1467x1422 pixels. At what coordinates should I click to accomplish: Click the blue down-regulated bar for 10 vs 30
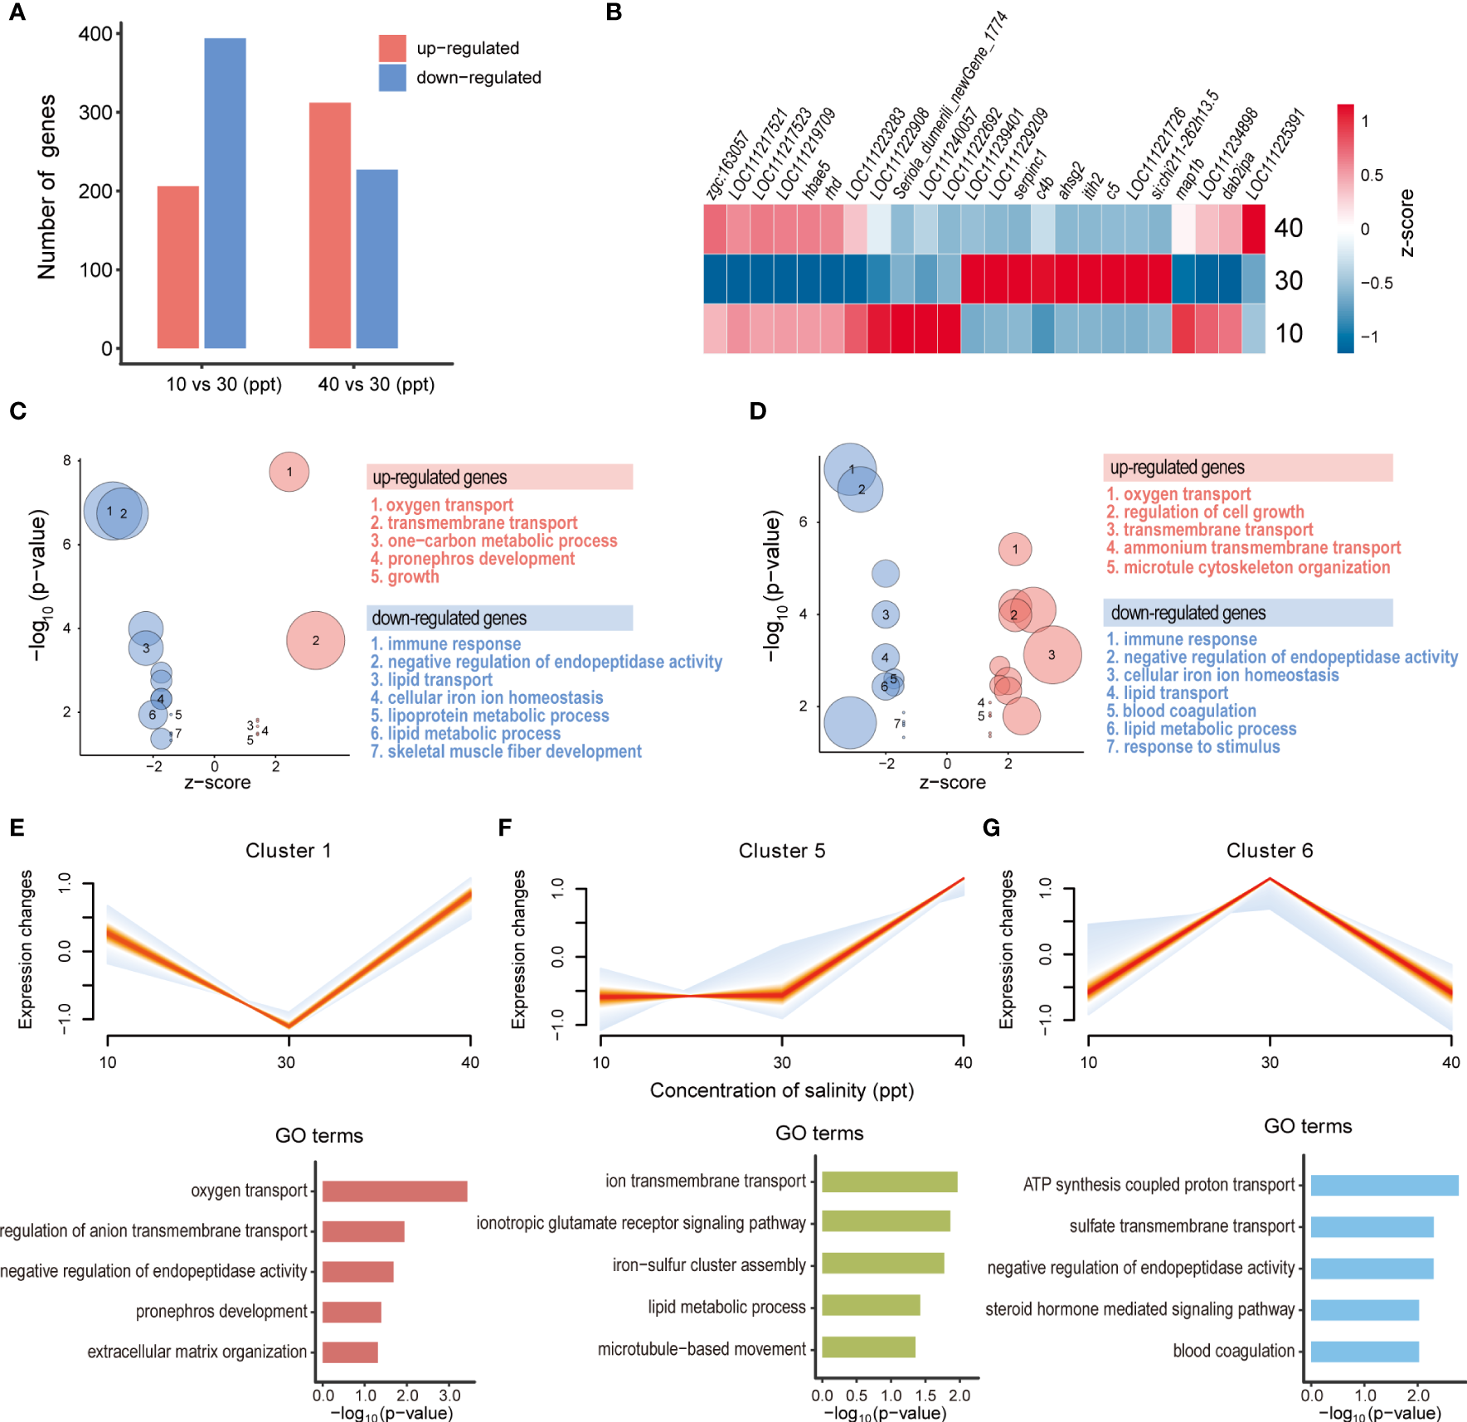(x=225, y=192)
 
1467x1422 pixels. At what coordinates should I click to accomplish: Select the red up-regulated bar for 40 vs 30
(x=330, y=225)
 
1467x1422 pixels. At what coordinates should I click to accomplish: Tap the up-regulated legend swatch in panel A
(x=392, y=48)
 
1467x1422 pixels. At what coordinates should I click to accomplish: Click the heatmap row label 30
(x=1289, y=280)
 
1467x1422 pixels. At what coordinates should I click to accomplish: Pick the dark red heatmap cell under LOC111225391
(x=1253, y=228)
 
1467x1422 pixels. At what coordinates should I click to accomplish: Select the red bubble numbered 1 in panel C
(x=289, y=472)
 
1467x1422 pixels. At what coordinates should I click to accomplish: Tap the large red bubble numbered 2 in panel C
(x=315, y=640)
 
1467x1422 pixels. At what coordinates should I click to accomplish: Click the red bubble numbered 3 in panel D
(x=1052, y=655)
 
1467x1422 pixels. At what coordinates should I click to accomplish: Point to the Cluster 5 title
(x=781, y=851)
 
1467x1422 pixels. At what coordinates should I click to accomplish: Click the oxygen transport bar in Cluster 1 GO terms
(x=395, y=1191)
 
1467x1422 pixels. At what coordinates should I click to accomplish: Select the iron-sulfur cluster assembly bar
(x=882, y=1264)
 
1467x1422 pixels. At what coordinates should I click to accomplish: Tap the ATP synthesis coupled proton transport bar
(x=1384, y=1185)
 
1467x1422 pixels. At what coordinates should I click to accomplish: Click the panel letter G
(x=991, y=827)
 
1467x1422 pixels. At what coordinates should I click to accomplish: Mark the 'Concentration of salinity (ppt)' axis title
(x=781, y=1090)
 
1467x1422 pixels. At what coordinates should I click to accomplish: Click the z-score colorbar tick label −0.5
(x=1377, y=283)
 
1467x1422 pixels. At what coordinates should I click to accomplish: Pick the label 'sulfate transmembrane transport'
(x=1182, y=1226)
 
